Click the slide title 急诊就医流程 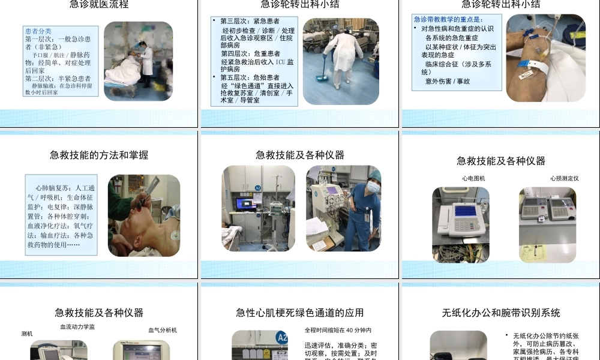tap(99, 5)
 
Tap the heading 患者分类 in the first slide tap(38, 31)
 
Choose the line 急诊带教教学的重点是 tap(448, 19)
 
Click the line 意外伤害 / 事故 tap(448, 81)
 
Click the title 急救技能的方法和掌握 tap(99, 155)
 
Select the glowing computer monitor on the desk tap(246, 203)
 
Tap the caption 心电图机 tap(473, 178)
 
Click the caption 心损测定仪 tap(564, 178)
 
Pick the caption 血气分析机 tap(163, 330)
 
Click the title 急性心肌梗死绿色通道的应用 tap(300, 313)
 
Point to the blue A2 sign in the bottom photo tap(282, 338)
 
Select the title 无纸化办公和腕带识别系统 tap(501, 313)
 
